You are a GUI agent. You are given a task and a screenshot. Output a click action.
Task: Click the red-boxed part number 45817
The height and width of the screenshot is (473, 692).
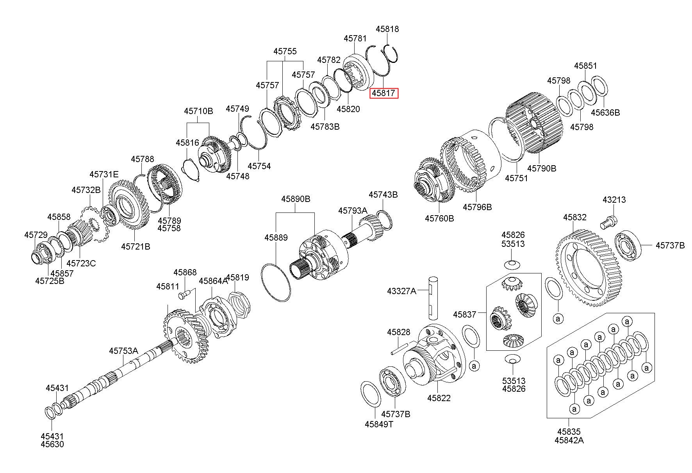coord(384,93)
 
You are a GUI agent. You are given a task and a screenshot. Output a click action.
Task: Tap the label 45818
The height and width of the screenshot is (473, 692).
coord(387,29)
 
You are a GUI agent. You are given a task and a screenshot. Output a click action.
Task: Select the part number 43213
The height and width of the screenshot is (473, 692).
coord(614,200)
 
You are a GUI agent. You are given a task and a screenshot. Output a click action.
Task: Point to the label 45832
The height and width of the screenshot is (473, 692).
coord(574,217)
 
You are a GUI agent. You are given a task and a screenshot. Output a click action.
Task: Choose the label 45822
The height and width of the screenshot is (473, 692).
coord(439,398)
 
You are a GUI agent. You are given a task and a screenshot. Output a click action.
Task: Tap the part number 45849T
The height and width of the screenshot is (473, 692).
coord(379,424)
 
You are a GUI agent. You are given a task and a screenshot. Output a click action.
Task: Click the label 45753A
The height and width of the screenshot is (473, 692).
coord(123,351)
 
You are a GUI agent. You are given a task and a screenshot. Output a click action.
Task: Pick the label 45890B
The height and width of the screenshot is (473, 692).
coord(296,199)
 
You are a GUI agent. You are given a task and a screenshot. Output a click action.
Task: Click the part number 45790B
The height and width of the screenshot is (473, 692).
coord(542,168)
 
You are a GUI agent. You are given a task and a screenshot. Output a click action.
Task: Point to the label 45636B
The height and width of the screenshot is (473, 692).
coord(605,113)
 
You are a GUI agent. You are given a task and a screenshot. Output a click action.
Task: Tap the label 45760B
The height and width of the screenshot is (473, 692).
coord(439,218)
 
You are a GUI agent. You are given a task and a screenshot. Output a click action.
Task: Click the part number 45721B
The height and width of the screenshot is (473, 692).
coord(136,246)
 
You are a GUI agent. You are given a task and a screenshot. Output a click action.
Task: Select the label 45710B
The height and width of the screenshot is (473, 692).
coord(198,111)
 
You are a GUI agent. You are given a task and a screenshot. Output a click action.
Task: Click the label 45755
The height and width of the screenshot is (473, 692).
coord(285,51)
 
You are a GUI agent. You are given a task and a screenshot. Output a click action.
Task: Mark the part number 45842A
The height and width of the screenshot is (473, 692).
coord(569,440)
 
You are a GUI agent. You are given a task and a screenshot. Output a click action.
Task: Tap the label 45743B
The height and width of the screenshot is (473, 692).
coord(383,195)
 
